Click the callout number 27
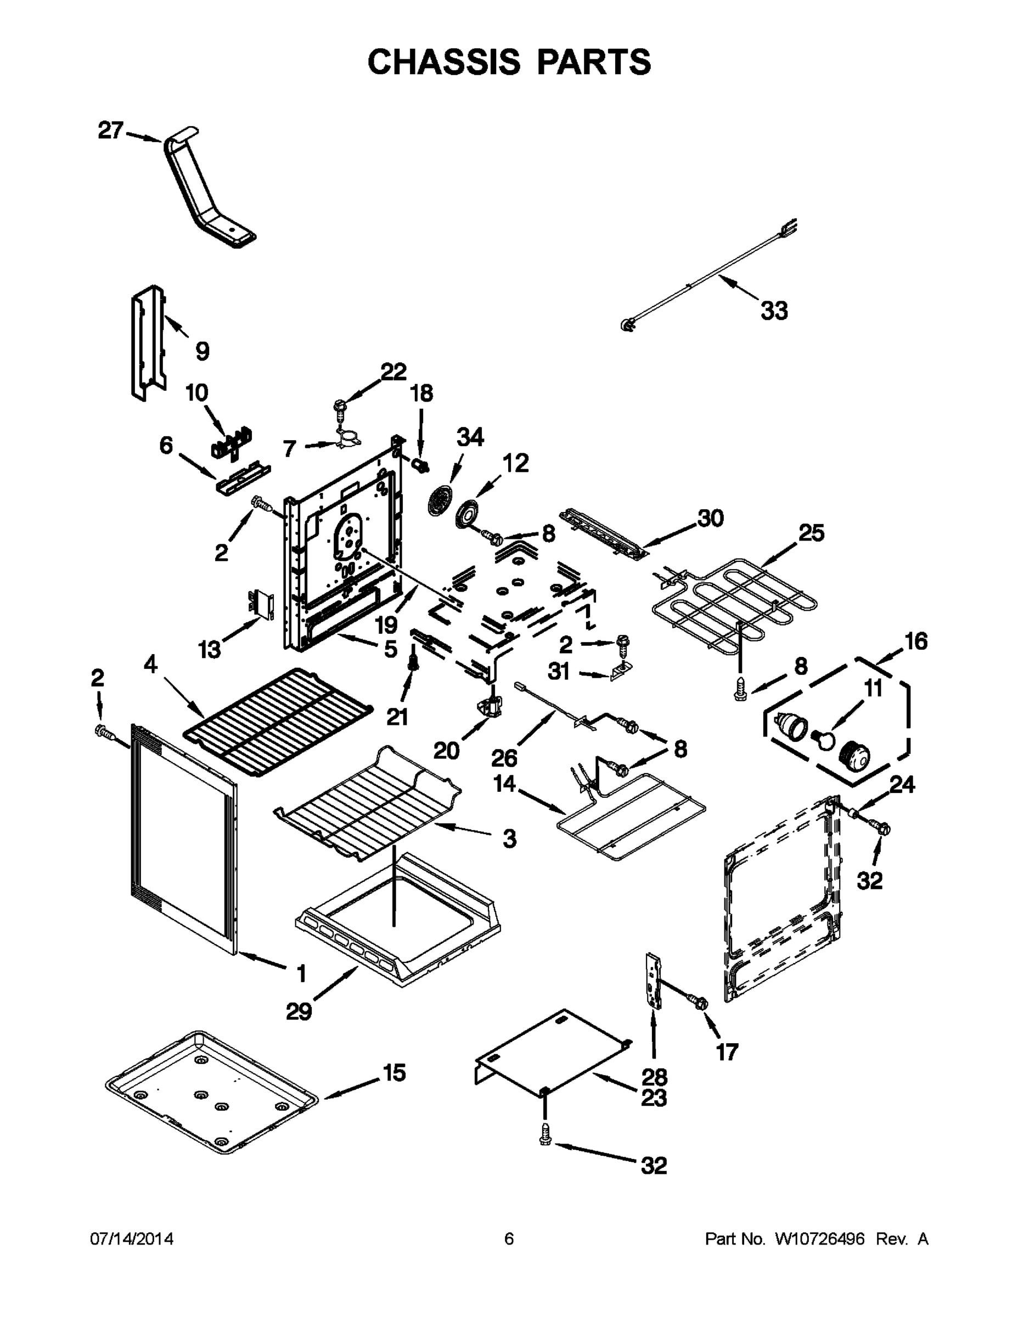(x=110, y=130)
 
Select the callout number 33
(x=774, y=311)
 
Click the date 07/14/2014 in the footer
(x=132, y=1239)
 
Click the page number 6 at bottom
(x=509, y=1239)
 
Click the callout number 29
(x=299, y=1011)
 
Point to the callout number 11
(x=873, y=688)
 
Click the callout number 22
(x=393, y=372)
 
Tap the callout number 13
(x=209, y=650)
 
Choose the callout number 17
(x=727, y=1051)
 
